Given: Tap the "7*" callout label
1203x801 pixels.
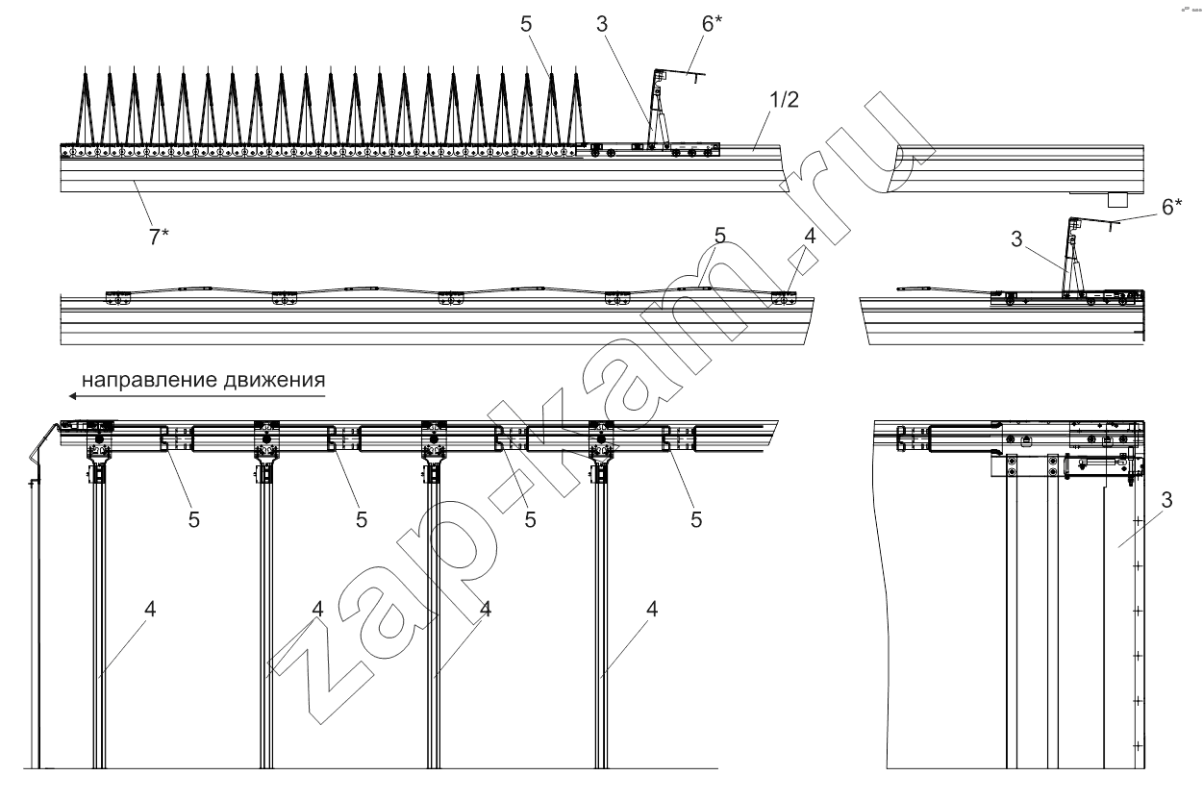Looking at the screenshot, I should (x=158, y=236).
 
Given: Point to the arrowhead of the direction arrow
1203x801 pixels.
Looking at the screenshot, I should (x=70, y=394).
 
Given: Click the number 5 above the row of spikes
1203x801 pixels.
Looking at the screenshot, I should (x=525, y=26).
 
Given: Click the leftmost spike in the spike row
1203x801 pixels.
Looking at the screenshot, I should (x=86, y=106).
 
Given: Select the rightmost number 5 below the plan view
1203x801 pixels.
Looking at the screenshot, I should (x=696, y=519).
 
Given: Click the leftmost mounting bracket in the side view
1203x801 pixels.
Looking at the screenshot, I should (x=117, y=299).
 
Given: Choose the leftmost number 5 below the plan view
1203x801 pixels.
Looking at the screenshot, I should (x=195, y=519).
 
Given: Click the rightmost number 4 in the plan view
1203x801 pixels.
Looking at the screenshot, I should (x=653, y=610).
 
